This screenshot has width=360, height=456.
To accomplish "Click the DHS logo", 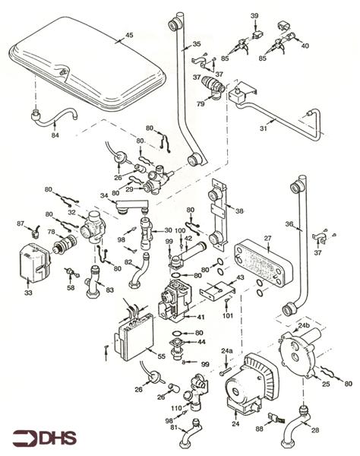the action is click(45, 438).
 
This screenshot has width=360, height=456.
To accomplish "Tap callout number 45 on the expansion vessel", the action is click(129, 35).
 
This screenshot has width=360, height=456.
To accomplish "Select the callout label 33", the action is click(28, 293).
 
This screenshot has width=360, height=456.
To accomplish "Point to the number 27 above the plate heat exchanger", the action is click(267, 239).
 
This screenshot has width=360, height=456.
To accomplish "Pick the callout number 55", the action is click(161, 356).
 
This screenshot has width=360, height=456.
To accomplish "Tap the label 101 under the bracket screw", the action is click(228, 315).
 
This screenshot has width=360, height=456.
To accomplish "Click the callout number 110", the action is click(176, 408).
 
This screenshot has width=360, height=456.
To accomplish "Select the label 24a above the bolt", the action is click(227, 351).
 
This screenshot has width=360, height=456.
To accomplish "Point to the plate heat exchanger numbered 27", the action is click(264, 263).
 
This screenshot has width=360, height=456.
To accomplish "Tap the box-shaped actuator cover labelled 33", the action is click(34, 263).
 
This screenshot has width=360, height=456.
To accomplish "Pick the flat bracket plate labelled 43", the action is click(217, 290).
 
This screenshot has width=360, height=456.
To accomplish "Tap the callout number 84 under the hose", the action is click(55, 135).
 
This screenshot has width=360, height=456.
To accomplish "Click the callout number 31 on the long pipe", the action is click(264, 128).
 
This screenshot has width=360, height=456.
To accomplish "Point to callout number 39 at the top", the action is click(254, 16).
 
